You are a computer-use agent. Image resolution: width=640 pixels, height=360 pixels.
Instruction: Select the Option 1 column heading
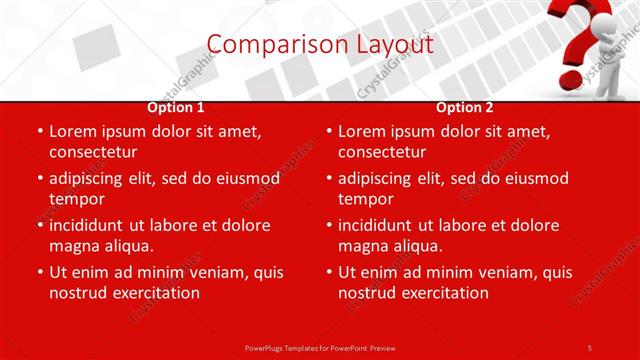coord(176,107)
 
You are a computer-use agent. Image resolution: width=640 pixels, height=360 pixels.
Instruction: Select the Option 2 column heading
coord(465,107)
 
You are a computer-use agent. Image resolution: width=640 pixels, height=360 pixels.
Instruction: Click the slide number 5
coord(590,347)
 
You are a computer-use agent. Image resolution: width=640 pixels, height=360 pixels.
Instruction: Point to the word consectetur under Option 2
coord(382,152)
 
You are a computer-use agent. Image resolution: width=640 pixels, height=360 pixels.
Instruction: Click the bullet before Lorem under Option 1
coord(38,131)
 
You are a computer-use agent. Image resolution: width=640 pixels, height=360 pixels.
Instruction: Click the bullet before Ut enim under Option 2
coord(327,272)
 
